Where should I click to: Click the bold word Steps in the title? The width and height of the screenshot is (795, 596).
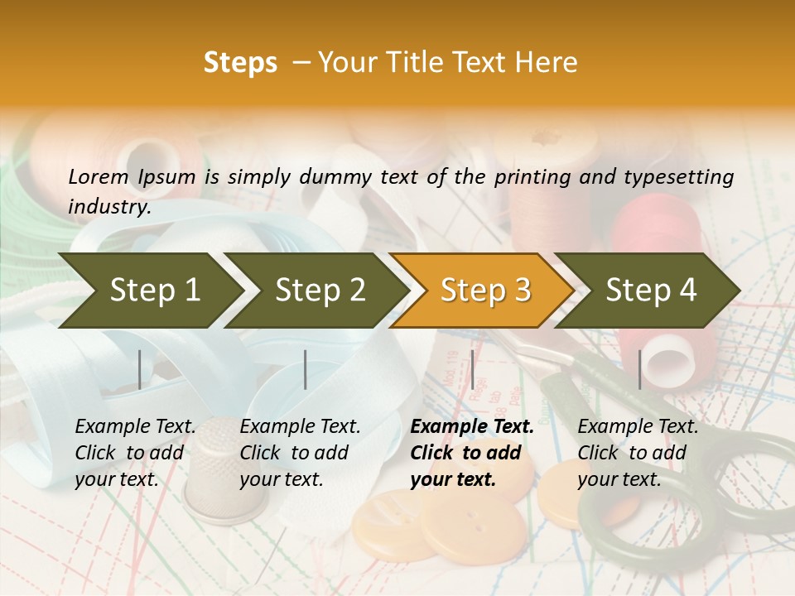[x=240, y=63]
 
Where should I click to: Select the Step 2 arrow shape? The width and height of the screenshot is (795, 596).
[x=320, y=291]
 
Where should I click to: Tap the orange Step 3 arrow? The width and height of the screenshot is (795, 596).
[x=485, y=291]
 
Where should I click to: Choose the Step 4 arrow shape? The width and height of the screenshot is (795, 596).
[x=651, y=291]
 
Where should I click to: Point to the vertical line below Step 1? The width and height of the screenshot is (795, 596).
[x=140, y=369]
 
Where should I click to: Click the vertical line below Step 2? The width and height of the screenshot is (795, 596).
[x=306, y=369]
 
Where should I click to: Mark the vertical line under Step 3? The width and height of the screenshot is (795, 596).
[x=472, y=369]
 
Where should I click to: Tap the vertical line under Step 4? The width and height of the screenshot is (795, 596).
[x=639, y=369]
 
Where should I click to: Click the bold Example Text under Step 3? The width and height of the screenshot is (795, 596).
[x=472, y=427]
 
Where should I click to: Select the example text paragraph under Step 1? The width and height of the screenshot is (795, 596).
[x=135, y=453]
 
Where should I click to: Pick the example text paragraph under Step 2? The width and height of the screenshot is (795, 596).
[x=300, y=453]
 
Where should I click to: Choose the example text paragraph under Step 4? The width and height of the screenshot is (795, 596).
[x=638, y=453]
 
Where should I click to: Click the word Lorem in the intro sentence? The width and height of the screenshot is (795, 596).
[x=99, y=177]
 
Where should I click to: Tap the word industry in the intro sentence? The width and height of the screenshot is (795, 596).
[x=108, y=207]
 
